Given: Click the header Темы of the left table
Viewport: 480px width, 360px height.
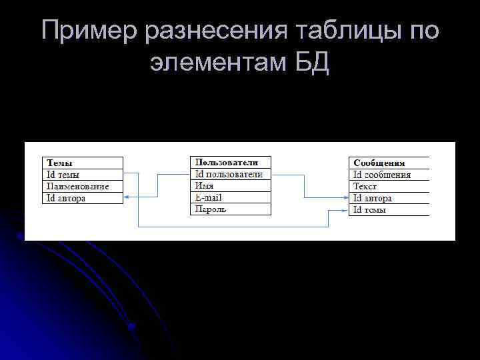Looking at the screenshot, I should (x=60, y=163).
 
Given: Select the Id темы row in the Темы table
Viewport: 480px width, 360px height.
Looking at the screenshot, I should (x=63, y=175).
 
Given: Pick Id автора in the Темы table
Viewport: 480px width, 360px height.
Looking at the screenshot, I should (x=65, y=198).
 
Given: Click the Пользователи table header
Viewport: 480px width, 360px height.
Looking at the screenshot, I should (x=225, y=162).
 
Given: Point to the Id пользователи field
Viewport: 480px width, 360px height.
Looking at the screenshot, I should (x=229, y=174).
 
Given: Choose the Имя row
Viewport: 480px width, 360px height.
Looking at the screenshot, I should (x=205, y=186).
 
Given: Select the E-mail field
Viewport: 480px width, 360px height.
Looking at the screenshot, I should (x=208, y=197).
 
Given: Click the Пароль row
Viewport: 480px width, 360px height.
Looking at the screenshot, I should (x=211, y=209).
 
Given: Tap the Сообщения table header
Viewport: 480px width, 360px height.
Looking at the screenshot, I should (x=380, y=163).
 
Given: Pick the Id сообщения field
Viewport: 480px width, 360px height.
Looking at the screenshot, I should (x=382, y=175).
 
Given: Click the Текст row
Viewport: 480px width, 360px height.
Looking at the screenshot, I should (x=365, y=187).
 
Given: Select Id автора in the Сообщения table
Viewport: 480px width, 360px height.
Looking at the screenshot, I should (x=373, y=198).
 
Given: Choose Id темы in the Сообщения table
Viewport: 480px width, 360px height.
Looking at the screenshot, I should (x=370, y=210).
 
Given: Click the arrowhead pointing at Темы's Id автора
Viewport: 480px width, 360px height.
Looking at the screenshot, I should (x=127, y=198).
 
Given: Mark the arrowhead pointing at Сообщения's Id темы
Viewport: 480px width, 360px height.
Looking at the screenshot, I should (x=345, y=210).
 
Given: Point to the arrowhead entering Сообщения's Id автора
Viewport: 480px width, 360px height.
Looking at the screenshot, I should (x=345, y=198).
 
